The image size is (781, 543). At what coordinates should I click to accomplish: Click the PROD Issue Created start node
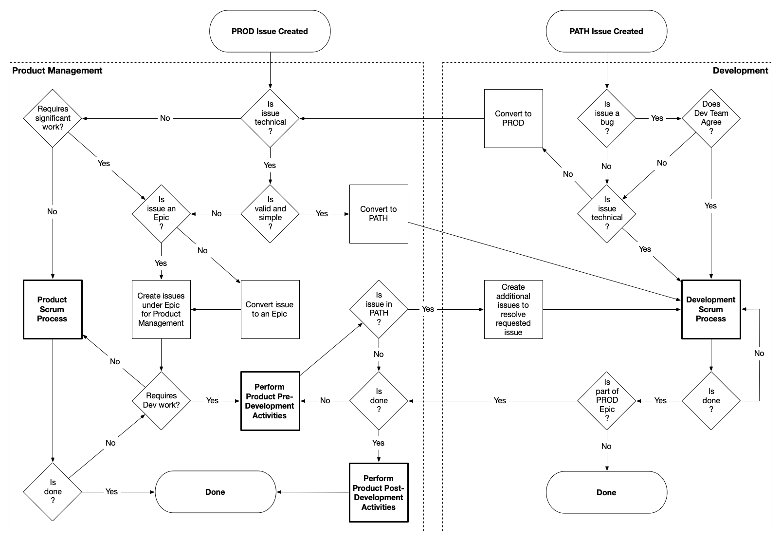click(270, 31)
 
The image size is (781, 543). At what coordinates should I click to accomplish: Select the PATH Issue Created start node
click(606, 31)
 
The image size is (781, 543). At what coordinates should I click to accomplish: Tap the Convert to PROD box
click(513, 118)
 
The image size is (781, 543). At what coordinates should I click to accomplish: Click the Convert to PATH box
click(379, 214)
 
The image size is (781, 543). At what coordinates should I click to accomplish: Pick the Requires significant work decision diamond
click(53, 118)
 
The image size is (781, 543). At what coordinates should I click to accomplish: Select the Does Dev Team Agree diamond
click(711, 118)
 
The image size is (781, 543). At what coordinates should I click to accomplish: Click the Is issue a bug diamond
click(607, 118)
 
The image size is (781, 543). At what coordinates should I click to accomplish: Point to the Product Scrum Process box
click(53, 309)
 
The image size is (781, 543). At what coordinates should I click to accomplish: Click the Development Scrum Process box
click(711, 309)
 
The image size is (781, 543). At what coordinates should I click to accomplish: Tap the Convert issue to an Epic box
click(270, 309)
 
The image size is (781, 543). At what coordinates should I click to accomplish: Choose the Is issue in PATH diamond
click(379, 309)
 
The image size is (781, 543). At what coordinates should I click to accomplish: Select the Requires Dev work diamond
click(161, 400)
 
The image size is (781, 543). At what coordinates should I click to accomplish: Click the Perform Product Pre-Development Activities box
click(270, 401)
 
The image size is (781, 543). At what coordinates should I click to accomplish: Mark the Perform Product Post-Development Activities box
click(379, 492)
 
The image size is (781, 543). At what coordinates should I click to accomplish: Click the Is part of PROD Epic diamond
click(607, 400)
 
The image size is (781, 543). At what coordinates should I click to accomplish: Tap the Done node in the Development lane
click(606, 492)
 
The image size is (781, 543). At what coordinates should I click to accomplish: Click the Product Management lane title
click(57, 71)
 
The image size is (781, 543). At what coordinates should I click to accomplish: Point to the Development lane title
click(740, 71)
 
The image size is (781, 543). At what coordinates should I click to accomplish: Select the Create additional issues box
click(513, 309)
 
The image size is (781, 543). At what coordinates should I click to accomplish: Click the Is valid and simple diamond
click(270, 213)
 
